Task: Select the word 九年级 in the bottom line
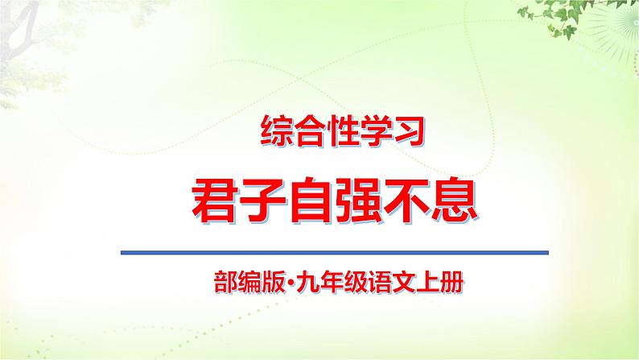click(x=314, y=283)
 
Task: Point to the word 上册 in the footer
click(x=435, y=283)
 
